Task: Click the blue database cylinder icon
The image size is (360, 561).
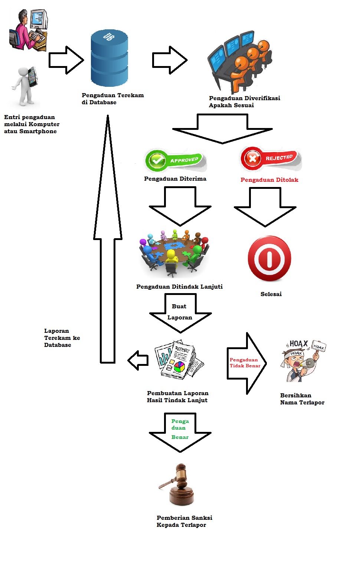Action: click(109, 58)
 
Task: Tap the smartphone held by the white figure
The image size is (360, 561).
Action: click(33, 76)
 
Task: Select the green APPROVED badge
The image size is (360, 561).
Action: click(175, 160)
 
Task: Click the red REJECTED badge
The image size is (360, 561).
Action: click(271, 158)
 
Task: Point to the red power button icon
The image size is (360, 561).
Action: click(269, 259)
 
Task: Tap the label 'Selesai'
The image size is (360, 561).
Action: click(271, 294)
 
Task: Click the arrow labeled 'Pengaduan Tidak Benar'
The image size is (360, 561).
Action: click(246, 363)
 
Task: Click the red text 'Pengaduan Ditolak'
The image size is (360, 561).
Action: click(269, 180)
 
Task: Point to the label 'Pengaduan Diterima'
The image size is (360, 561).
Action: click(175, 179)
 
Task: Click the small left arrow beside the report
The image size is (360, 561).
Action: click(138, 360)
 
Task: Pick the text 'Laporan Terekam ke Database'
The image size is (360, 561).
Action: click(62, 338)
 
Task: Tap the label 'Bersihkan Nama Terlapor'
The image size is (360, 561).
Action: click(302, 399)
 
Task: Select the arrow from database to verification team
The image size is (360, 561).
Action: click(170, 60)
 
